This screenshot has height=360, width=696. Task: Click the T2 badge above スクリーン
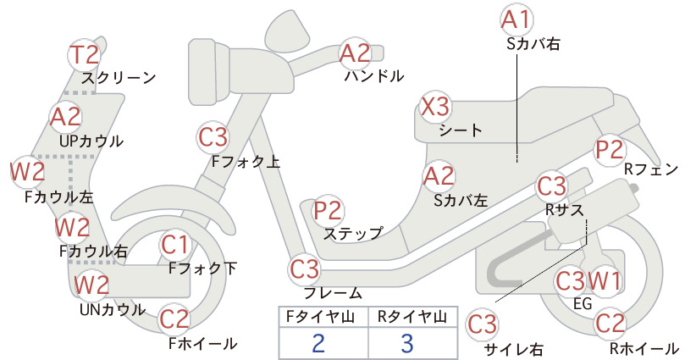click(x=85, y=55)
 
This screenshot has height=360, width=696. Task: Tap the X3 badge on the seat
click(x=435, y=107)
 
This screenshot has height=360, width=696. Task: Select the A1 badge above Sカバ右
click(x=516, y=20)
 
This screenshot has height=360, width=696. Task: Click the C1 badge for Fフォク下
click(x=175, y=245)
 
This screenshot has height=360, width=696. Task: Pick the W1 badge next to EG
click(x=605, y=280)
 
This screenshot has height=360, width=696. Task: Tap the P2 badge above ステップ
click(x=328, y=210)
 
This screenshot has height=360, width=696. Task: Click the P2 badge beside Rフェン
click(x=610, y=150)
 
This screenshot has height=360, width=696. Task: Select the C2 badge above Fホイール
click(x=174, y=319)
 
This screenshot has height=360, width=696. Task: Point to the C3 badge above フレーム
click(x=305, y=269)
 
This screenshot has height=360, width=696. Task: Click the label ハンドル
click(x=374, y=76)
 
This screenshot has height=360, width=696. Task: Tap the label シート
click(x=461, y=130)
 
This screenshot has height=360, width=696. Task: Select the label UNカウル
click(x=113, y=309)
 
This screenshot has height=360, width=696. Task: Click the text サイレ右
click(x=513, y=350)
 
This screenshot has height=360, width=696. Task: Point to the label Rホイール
click(x=644, y=349)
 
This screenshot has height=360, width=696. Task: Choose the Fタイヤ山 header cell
click(x=323, y=317)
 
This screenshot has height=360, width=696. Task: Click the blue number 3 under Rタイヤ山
click(x=407, y=343)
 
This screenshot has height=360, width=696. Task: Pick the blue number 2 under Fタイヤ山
click(x=318, y=343)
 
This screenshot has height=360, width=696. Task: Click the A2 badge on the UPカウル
click(x=66, y=117)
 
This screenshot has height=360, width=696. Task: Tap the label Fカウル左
click(x=59, y=197)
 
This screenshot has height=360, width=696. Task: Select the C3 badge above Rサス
click(x=552, y=186)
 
